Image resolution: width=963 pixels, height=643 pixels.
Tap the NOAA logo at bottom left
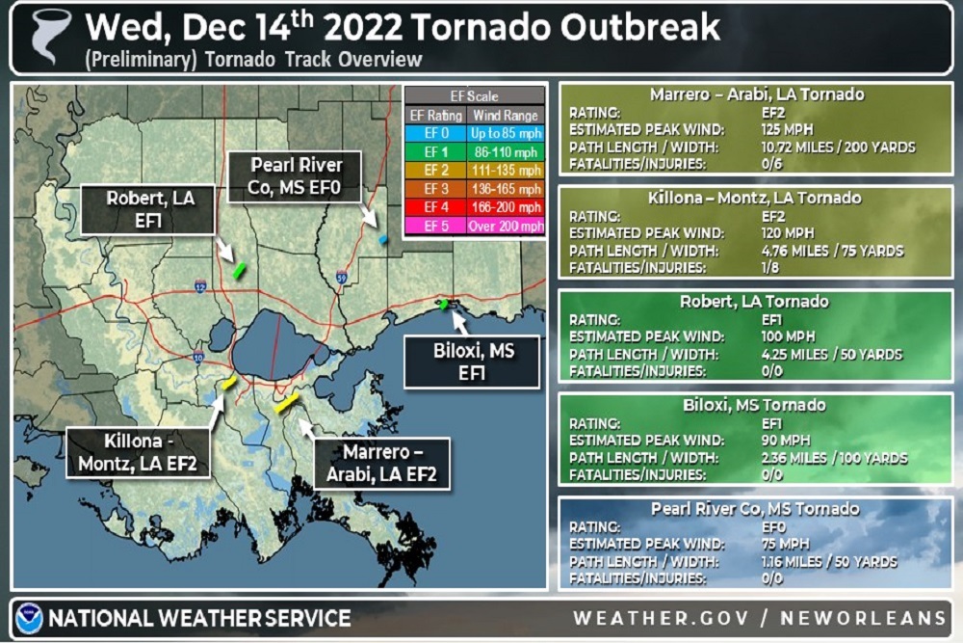tap(28, 618)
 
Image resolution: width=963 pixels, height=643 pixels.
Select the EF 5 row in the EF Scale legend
tap(474, 227)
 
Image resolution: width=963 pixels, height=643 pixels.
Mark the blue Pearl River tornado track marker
tap(382, 238)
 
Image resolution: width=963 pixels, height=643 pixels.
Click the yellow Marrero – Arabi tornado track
tap(287, 403)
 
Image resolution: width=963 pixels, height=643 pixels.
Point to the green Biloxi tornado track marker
tap(443, 305)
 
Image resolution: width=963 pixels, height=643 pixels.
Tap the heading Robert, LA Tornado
tap(755, 302)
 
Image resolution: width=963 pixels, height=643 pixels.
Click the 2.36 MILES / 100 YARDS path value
tap(834, 458)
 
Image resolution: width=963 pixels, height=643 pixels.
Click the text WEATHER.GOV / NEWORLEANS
tap(760, 618)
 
